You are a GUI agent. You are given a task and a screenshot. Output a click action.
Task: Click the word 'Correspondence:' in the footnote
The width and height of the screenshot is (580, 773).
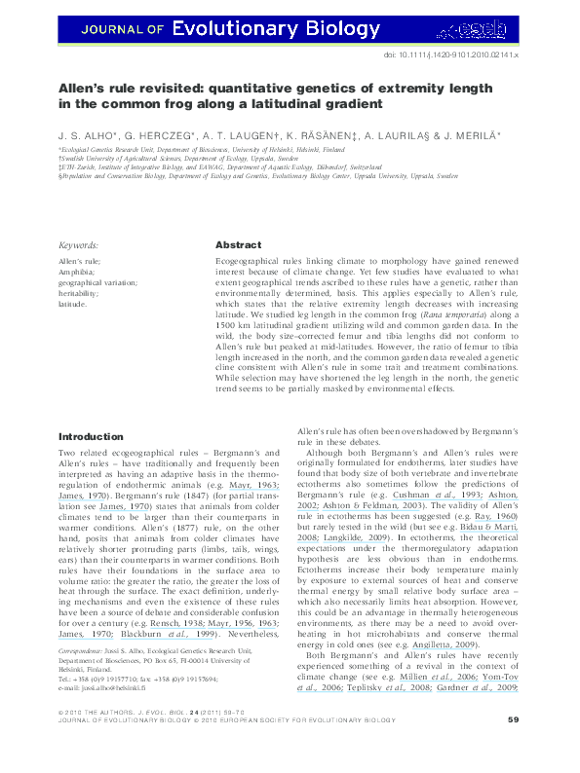pos(85,647)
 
